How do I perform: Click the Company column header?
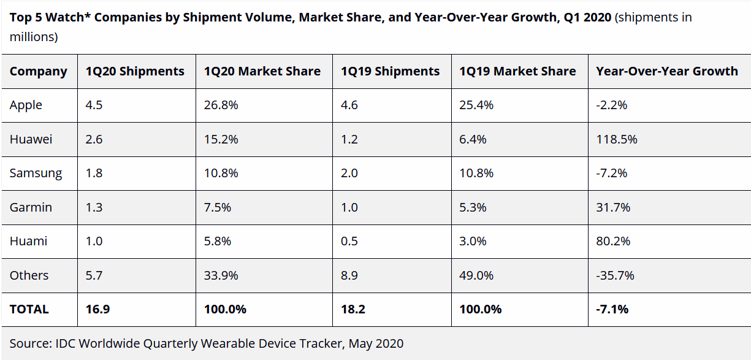(x=38, y=71)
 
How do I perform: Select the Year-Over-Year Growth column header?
(x=666, y=71)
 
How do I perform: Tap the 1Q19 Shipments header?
(x=390, y=71)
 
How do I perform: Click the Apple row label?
(x=26, y=105)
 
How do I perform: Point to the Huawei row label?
(x=31, y=139)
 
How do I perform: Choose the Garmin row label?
(x=31, y=207)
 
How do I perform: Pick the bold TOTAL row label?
(x=29, y=309)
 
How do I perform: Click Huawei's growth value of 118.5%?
(x=616, y=139)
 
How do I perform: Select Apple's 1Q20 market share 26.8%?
(x=221, y=105)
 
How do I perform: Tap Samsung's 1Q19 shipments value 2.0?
(x=349, y=173)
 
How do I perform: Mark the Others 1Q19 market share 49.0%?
(x=476, y=275)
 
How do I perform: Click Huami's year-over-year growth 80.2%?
(x=613, y=241)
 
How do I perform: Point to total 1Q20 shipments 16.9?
(x=97, y=309)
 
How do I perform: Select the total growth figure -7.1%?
(x=612, y=309)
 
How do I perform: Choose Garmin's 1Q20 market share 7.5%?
(x=217, y=207)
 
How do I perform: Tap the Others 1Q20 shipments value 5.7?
(x=94, y=275)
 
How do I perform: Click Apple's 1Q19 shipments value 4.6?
(x=349, y=105)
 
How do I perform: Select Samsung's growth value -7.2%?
(x=611, y=173)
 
